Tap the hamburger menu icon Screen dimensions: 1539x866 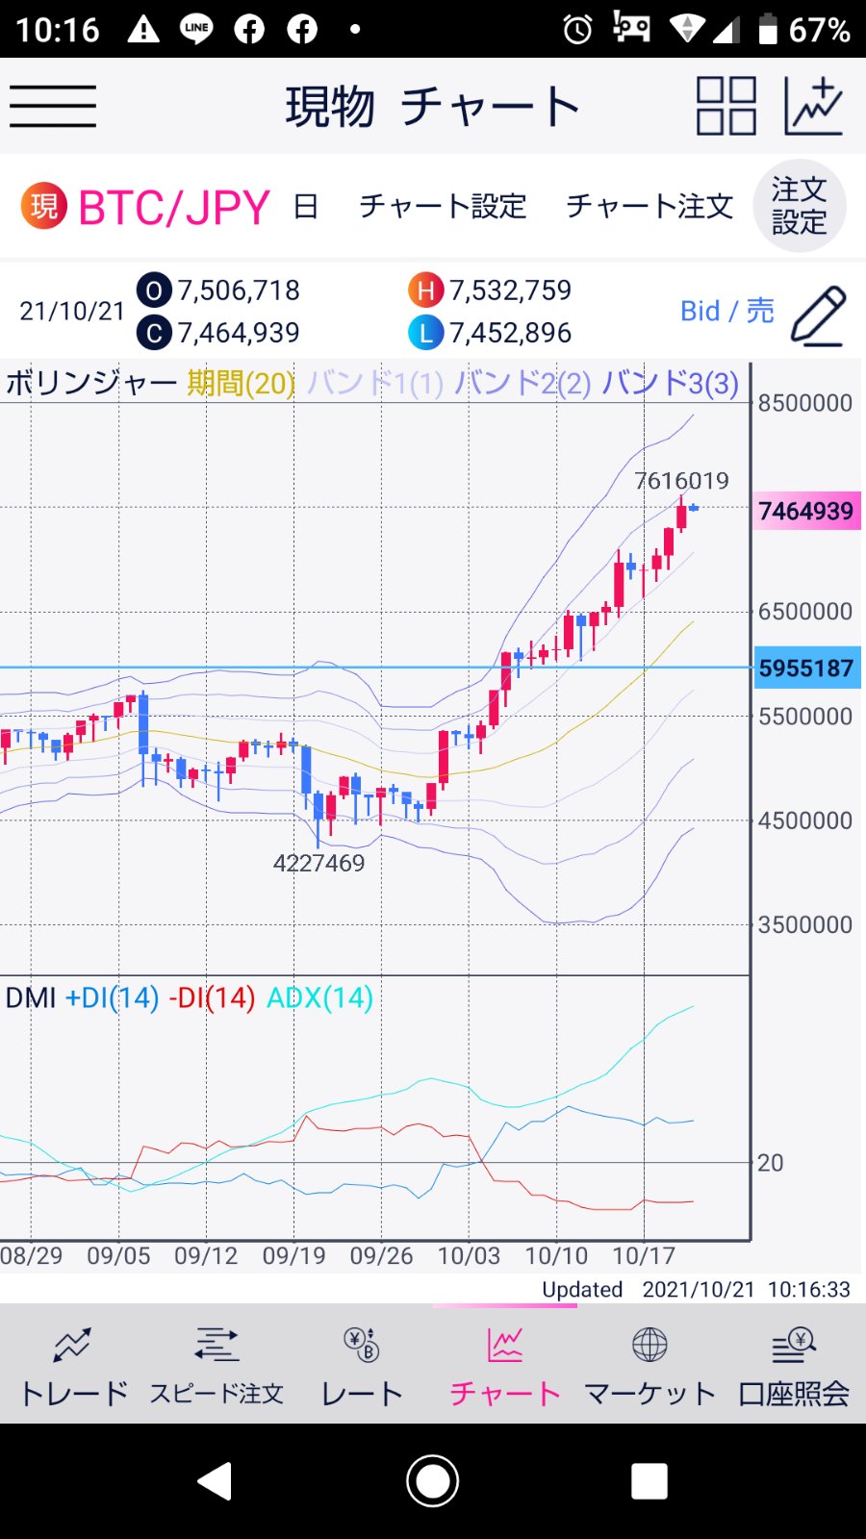point(53,106)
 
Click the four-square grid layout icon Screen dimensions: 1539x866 point(726,106)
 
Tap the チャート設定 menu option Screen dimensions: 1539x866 point(443,206)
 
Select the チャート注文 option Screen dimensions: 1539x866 point(649,206)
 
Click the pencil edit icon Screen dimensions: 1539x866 point(818,315)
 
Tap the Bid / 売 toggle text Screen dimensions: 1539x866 point(726,311)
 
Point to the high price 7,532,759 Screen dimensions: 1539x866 point(510,290)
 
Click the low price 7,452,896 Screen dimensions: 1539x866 point(510,333)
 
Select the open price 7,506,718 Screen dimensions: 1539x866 point(239,290)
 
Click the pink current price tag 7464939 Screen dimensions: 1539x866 point(806,511)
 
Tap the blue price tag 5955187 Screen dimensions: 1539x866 point(806,668)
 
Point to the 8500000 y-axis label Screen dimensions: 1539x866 point(805,403)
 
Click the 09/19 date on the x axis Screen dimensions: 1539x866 point(293,1256)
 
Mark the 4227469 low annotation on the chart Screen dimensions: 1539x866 point(318,863)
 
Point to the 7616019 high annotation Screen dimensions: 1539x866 point(681,480)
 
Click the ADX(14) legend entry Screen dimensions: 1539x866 point(319,997)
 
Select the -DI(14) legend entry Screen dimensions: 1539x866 point(212,997)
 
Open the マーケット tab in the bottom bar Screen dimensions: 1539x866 point(649,1366)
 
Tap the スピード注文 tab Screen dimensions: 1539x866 point(216,1366)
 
